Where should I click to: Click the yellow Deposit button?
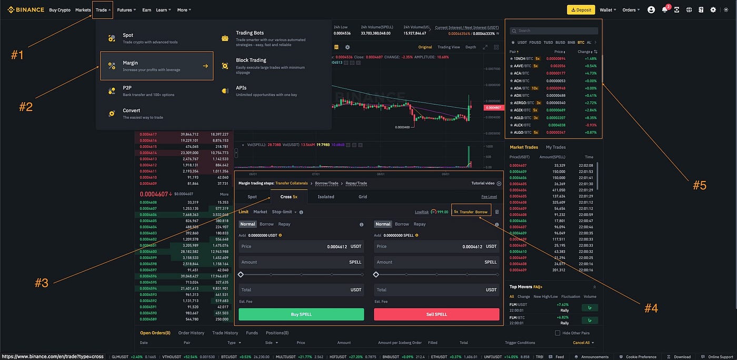tap(581, 9)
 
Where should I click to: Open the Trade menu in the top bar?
tap(102, 9)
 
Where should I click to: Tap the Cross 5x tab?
tap(288, 197)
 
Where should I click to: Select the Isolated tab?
tap(326, 197)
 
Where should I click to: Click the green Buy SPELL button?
tap(301, 314)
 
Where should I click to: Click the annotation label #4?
tap(651, 308)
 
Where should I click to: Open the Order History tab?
tap(191, 333)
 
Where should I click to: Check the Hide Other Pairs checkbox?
tap(557, 333)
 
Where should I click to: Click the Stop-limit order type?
tap(282, 212)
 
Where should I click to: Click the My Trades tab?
tap(555, 147)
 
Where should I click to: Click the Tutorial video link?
tap(483, 183)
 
